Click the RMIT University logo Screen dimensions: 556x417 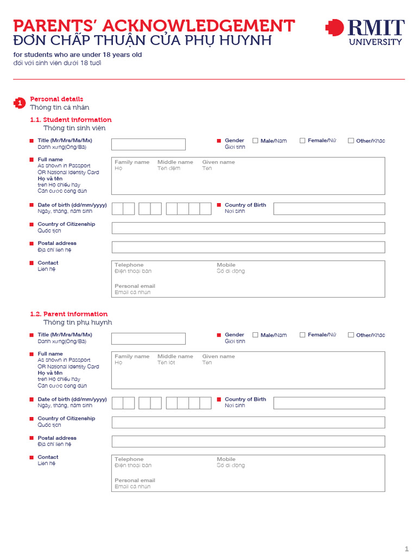point(364,32)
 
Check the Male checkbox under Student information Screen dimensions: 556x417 point(255,141)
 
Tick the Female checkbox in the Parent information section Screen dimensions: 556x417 point(302,335)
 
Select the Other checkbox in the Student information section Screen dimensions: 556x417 point(351,141)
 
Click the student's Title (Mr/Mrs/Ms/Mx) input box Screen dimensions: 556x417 point(148,144)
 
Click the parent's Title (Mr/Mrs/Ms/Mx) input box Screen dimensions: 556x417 point(148,339)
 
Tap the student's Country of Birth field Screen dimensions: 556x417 point(329,208)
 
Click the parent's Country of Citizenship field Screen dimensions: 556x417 point(248,422)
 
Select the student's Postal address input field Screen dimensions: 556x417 point(248,247)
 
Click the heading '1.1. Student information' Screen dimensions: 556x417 point(71,120)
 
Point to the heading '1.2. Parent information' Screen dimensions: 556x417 point(69,314)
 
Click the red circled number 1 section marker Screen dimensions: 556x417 point(20,103)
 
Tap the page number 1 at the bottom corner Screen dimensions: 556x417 point(406,548)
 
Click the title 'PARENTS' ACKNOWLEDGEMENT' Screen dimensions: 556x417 point(154,26)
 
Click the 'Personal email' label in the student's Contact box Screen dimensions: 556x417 point(135,286)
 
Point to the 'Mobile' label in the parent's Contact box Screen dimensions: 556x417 point(226,459)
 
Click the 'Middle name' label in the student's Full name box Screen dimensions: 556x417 point(175,162)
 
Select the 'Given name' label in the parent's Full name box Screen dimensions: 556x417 point(218,357)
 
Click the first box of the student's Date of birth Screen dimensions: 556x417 point(117,208)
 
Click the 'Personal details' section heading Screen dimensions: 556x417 point(56,99)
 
